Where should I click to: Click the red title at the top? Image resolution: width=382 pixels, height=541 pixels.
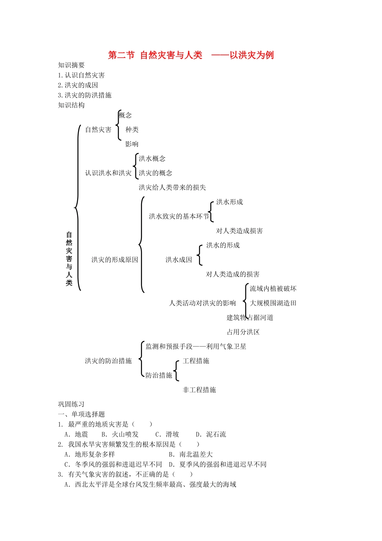tap(191, 55)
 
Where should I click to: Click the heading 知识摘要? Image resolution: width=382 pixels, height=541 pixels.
tap(71, 65)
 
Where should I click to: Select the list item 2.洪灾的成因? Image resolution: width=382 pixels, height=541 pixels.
tap(78, 85)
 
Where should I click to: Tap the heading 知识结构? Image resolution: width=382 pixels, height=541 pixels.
tap(71, 105)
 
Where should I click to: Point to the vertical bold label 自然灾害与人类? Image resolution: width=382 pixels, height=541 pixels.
tap(69, 258)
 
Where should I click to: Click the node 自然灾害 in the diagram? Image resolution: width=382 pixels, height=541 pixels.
tap(98, 130)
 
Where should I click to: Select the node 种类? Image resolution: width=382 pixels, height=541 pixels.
tap(132, 130)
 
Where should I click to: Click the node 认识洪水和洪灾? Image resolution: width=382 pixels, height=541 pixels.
tap(108, 173)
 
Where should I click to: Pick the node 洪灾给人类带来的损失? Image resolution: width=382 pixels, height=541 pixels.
tap(172, 188)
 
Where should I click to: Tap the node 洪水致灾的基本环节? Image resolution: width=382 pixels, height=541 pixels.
tap(179, 217)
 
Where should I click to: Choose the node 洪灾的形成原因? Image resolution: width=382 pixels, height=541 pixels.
tap(115, 260)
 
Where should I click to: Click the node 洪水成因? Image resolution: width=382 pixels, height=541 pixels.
tap(179, 260)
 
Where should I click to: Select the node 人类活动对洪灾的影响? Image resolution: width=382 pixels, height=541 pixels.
tap(202, 303)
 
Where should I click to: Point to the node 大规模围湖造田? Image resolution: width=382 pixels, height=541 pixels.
tap(273, 303)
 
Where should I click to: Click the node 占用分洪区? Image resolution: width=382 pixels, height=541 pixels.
tap(243, 332)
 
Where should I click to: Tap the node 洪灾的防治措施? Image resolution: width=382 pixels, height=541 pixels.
tap(108, 361)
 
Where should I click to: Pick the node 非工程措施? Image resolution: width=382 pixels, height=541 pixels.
tap(199, 390)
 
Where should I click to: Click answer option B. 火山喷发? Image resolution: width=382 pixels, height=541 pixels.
tap(120, 434)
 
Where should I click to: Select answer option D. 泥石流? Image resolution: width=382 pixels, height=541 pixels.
tap(211, 434)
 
